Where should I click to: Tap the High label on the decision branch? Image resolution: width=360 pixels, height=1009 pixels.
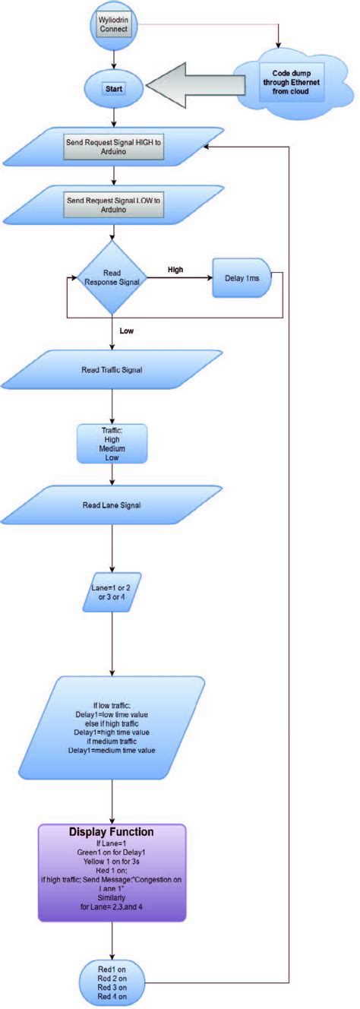coord(175,270)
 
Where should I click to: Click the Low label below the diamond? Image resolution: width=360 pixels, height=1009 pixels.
coord(127,331)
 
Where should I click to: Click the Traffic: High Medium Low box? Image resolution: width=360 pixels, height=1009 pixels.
coord(112,443)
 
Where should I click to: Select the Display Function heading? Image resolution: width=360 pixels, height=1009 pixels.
coord(112,831)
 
